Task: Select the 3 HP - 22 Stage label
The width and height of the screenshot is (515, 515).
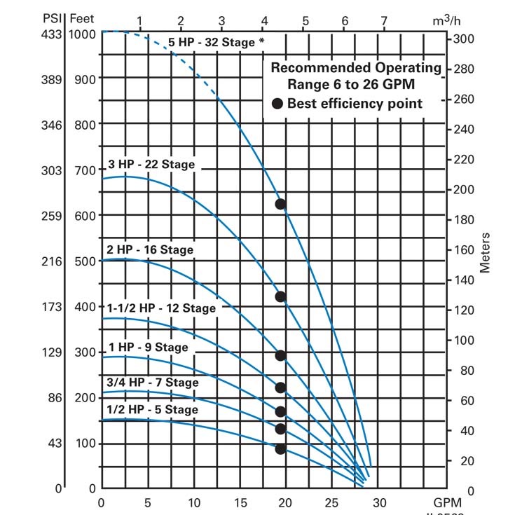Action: pyautogui.click(x=151, y=165)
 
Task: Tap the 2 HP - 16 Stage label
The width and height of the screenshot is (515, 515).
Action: pyautogui.click(x=149, y=249)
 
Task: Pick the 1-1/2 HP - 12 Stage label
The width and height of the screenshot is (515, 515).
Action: pyautogui.click(x=161, y=308)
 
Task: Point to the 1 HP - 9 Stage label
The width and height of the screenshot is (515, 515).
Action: pyautogui.click(x=147, y=348)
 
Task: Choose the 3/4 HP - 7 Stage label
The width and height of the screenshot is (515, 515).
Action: pyautogui.click(x=152, y=383)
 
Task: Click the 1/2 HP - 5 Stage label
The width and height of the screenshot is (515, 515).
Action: pyautogui.click(x=152, y=410)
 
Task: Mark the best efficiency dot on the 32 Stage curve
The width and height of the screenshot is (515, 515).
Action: pyautogui.click(x=280, y=204)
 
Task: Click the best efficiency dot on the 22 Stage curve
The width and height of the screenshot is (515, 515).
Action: pyautogui.click(x=280, y=296)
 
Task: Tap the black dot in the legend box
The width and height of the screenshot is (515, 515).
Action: pyautogui.click(x=277, y=104)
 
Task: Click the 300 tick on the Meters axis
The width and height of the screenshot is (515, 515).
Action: pyautogui.click(x=465, y=39)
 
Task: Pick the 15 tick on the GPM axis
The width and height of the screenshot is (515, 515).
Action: pyautogui.click(x=240, y=502)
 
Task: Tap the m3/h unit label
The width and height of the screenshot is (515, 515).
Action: pyautogui.click(x=446, y=20)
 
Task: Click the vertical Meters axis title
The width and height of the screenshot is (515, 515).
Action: pyautogui.click(x=486, y=252)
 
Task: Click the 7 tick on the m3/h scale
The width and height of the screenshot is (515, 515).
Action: pyautogui.click(x=383, y=21)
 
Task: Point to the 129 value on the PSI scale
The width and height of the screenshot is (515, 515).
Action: pyautogui.click(x=53, y=352)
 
